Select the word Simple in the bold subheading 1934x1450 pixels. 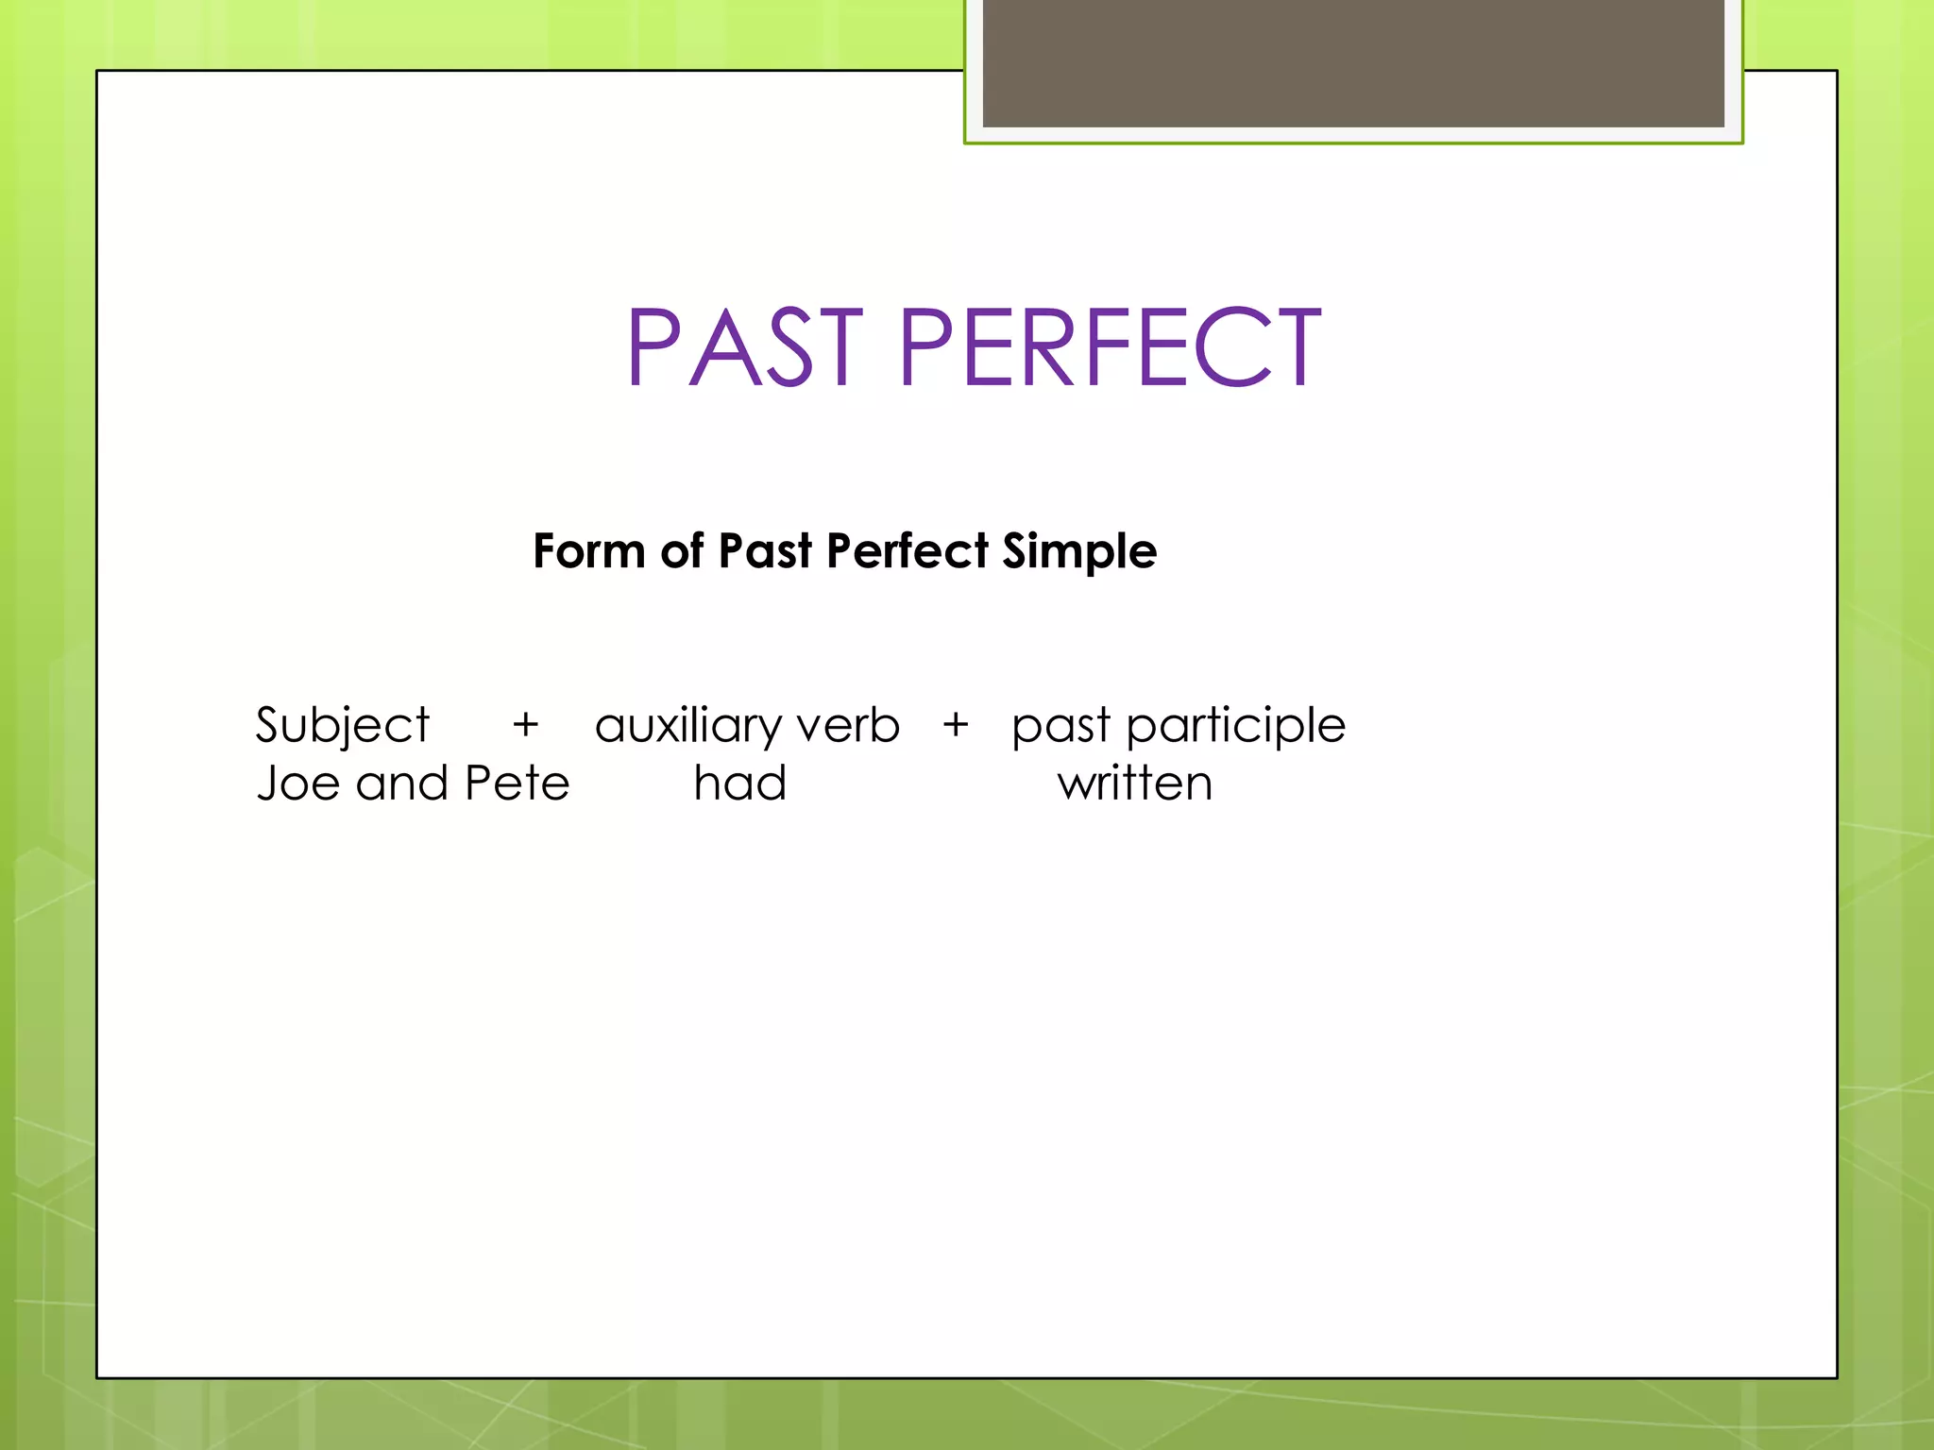pos(1079,552)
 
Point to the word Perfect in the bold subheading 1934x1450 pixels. pos(907,550)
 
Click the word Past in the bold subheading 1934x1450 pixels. pos(764,550)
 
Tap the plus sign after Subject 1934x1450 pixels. pos(525,725)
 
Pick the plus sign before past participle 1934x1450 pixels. pos(956,725)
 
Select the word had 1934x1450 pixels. pos(739,784)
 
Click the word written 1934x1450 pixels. pos(1134,784)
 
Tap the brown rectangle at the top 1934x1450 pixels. pos(1353,62)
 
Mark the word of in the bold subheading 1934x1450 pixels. pos(682,550)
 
